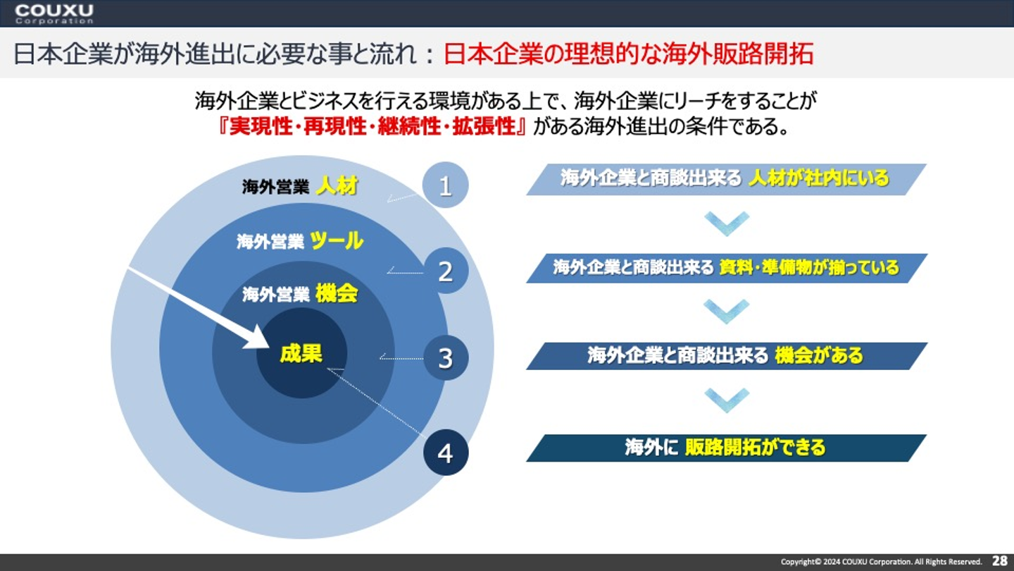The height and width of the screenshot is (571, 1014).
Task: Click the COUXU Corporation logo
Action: (x=54, y=13)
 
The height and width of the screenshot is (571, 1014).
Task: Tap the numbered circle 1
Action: (x=445, y=185)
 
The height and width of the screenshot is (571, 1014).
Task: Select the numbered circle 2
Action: (x=446, y=271)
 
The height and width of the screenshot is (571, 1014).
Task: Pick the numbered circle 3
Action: (x=446, y=358)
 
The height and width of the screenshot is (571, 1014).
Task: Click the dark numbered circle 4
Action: (x=446, y=453)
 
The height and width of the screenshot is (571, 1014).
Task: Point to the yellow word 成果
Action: (x=301, y=352)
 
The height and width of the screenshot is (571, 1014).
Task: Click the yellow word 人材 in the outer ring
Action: (x=337, y=186)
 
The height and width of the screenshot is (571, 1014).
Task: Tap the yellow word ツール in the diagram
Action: (x=337, y=241)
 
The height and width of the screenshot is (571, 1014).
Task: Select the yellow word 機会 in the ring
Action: (x=337, y=293)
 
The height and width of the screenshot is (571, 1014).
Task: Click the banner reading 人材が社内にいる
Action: (x=726, y=179)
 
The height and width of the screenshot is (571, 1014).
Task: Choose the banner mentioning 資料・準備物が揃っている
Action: (x=726, y=268)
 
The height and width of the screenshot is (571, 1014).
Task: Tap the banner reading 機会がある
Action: (x=726, y=355)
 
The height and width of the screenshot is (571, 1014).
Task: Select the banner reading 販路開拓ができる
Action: (x=726, y=448)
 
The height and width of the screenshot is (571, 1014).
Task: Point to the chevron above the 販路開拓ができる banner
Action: (x=726, y=400)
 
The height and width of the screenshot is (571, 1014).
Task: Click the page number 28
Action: (x=999, y=561)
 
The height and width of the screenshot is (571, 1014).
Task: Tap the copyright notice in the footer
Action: (x=881, y=562)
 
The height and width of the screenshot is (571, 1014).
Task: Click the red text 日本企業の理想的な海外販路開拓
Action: (x=628, y=54)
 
